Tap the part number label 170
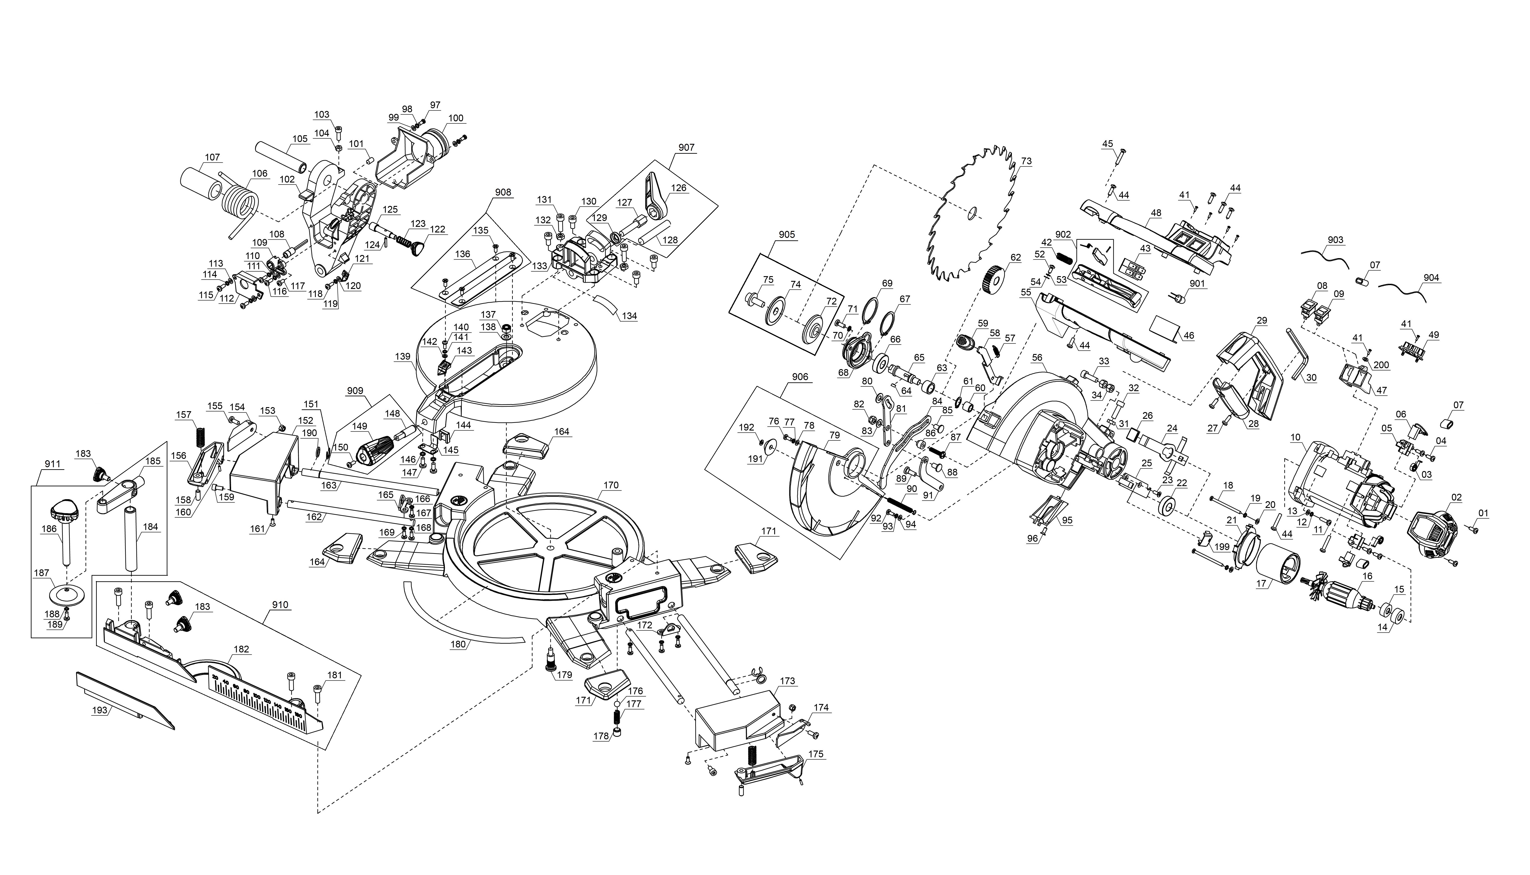coord(611,485)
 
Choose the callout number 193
coord(100,710)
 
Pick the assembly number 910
coord(280,604)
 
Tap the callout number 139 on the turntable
coord(403,356)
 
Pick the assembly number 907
coord(687,147)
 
